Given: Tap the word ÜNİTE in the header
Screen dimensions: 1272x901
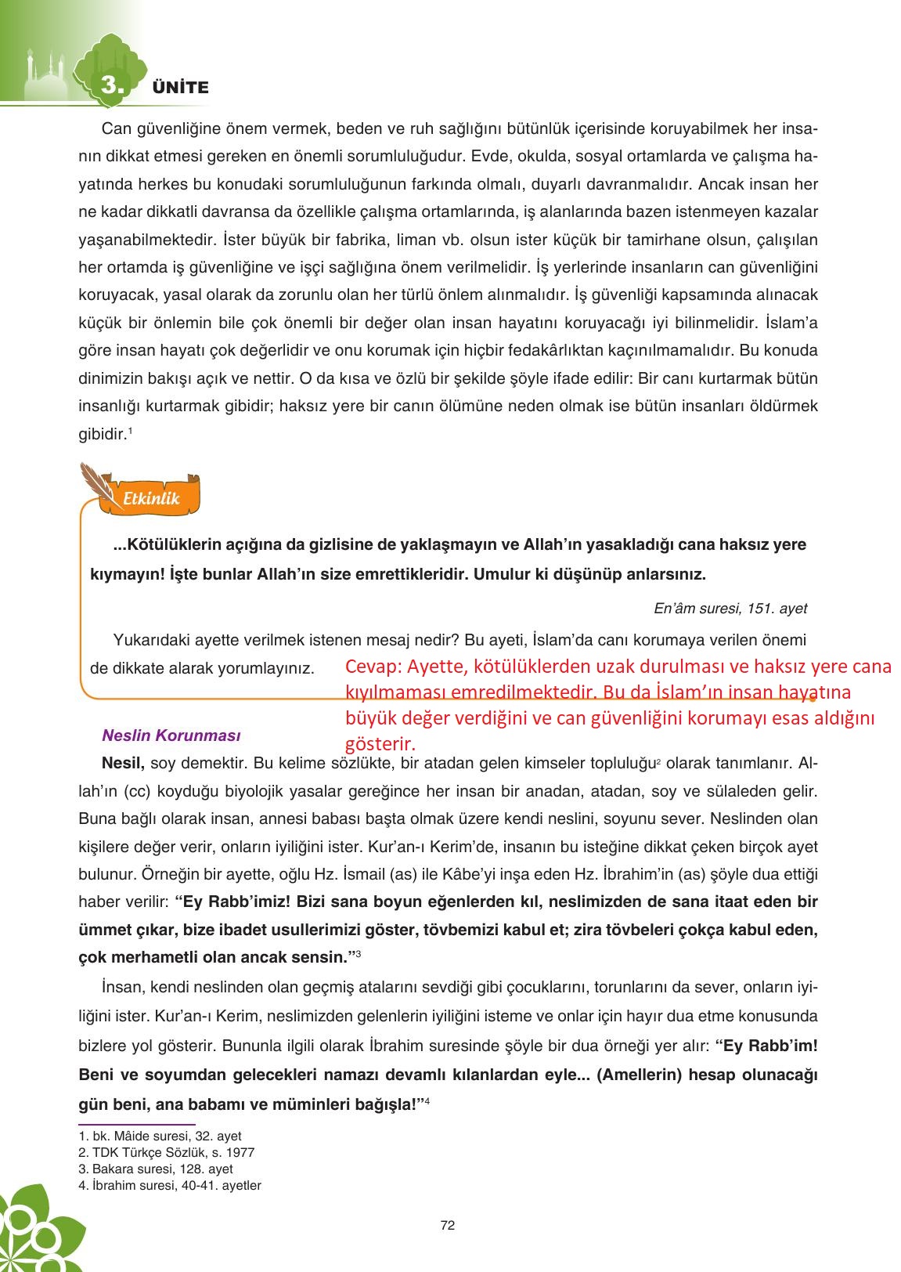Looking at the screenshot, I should [181, 88].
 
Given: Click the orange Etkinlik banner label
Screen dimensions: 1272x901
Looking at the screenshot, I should [152, 498].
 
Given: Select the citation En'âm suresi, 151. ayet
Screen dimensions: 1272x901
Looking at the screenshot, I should [730, 608].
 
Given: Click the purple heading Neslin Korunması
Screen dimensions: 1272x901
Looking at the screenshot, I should [171, 735].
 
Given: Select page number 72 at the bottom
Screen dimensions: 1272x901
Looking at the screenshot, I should [448, 1225].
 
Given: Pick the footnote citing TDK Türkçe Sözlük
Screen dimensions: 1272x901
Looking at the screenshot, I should [167, 1152].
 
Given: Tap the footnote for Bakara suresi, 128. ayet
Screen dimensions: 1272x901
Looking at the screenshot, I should [157, 1169].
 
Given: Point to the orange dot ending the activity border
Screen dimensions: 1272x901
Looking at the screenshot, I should [813, 698].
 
